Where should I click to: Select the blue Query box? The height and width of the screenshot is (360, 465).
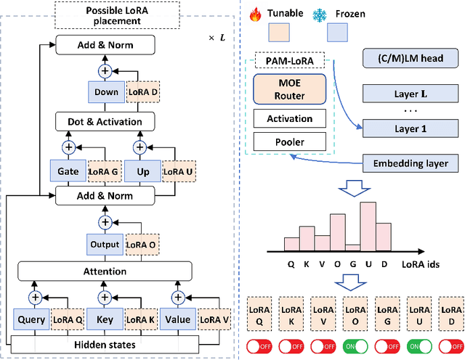point(31,319)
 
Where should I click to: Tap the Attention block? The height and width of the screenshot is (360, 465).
point(106,271)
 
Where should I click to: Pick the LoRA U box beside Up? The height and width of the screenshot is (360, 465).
point(179,171)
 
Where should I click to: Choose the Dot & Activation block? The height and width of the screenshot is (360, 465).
point(106,121)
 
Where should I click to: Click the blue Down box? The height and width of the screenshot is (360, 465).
point(105,93)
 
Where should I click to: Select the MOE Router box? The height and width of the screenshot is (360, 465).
point(291,89)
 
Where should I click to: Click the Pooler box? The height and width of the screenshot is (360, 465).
point(291,143)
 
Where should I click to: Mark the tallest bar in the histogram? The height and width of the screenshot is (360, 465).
point(368,224)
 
